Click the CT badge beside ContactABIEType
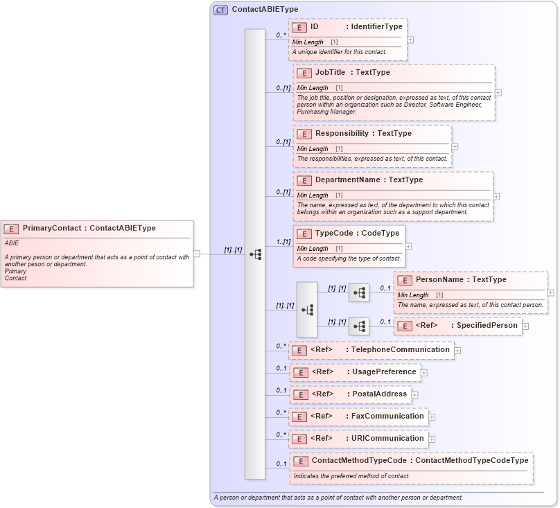pyautogui.click(x=220, y=10)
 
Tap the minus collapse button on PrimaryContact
pyautogui.click(x=197, y=254)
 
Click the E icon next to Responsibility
pyautogui.click(x=304, y=134)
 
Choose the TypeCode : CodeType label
pyautogui.click(x=357, y=234)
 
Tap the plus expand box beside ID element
pyautogui.click(x=410, y=40)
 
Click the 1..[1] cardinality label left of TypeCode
pyautogui.click(x=283, y=242)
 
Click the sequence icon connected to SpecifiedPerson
pyautogui.click(x=358, y=326)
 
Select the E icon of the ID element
pyautogui.click(x=299, y=27)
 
